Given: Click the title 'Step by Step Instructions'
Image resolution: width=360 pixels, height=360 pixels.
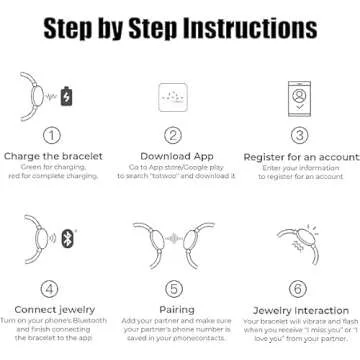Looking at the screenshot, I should click(180, 23).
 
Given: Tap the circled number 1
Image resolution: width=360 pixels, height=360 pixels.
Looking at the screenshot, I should click(50, 135).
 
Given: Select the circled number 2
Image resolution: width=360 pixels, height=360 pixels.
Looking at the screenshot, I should click(174, 135).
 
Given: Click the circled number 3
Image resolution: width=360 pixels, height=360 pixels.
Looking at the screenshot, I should click(298, 135).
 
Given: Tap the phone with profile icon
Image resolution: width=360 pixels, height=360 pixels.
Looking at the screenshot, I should click(298, 95).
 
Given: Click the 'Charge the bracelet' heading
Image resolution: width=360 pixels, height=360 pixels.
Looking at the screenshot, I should click(50, 156).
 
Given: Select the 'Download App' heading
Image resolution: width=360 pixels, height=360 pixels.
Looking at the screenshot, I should click(174, 156).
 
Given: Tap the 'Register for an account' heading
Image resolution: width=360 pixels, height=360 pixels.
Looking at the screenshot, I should click(298, 156).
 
